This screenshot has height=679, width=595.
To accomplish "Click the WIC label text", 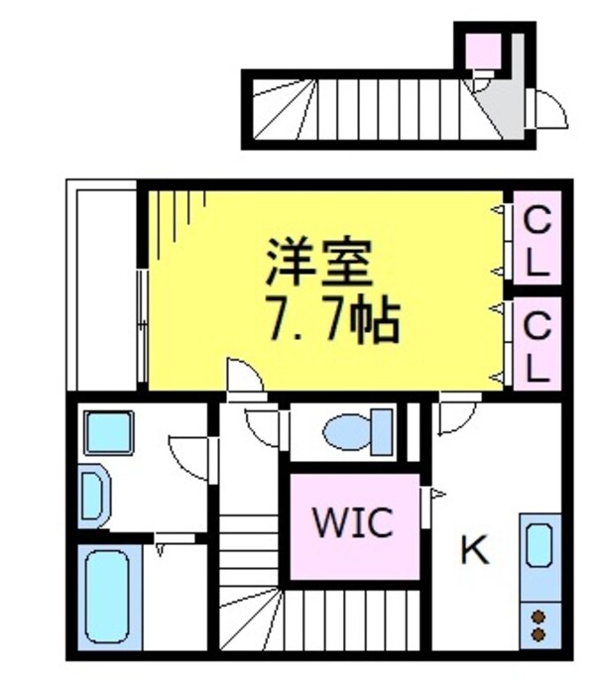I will [x=353, y=522].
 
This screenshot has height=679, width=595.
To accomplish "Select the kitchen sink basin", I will [x=536, y=546].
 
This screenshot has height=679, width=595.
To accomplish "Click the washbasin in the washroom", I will [x=91, y=493].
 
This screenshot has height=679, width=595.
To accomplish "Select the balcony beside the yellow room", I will [x=103, y=287].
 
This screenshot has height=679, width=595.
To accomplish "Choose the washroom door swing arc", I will [x=189, y=459].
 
